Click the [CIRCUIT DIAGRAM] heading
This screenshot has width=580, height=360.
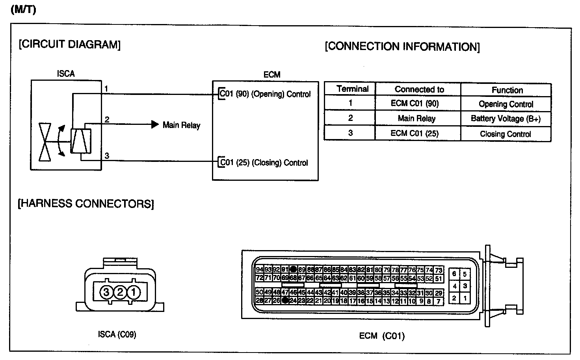click(69, 44)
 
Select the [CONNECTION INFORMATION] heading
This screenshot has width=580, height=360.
click(402, 46)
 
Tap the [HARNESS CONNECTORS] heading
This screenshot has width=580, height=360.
click(86, 204)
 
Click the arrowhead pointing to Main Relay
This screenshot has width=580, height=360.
click(155, 125)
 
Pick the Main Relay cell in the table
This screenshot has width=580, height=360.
click(416, 119)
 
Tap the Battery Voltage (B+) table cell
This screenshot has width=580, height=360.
click(506, 119)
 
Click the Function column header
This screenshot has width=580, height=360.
click(507, 90)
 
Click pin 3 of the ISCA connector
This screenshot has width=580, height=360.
click(106, 292)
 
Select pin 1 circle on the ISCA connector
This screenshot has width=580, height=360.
click(134, 292)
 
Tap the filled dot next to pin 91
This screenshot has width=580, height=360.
click(293, 270)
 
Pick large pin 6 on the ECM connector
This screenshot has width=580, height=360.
click(454, 274)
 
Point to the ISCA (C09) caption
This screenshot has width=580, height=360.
click(117, 334)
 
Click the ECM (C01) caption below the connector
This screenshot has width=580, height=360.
click(382, 336)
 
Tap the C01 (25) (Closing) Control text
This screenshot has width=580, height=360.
click(264, 163)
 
